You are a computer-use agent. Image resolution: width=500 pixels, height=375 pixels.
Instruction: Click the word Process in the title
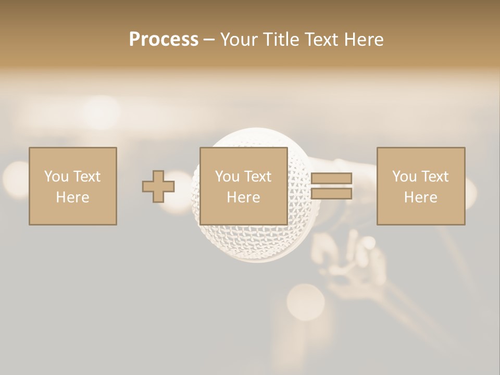pyautogui.click(x=164, y=40)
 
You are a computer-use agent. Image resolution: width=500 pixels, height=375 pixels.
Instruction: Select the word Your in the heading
pyautogui.click(x=239, y=40)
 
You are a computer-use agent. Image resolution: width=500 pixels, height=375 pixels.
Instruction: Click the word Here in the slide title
pyautogui.click(x=364, y=40)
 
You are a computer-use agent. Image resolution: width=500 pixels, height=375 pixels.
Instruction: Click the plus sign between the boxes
pyautogui.click(x=158, y=186)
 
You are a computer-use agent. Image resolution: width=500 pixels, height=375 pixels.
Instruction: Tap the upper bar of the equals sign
pyautogui.click(x=331, y=178)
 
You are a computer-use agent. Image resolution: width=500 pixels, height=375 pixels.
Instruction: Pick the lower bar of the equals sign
pyautogui.click(x=331, y=194)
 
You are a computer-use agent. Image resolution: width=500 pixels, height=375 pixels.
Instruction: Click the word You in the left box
pyautogui.click(x=56, y=177)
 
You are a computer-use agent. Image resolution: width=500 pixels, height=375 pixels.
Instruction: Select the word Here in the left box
pyautogui.click(x=72, y=197)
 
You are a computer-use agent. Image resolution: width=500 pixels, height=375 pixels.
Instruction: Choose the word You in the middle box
pyautogui.click(x=227, y=177)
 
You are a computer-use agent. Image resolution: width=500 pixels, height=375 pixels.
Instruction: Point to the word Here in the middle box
pyautogui.click(x=243, y=197)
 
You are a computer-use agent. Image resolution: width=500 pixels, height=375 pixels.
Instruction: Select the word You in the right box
pyautogui.click(x=404, y=177)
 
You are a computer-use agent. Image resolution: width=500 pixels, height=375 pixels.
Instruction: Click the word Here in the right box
pyautogui.click(x=420, y=197)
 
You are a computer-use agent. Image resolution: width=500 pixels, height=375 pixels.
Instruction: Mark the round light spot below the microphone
pyautogui.click(x=306, y=301)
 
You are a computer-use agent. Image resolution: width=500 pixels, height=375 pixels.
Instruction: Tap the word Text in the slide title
pyautogui.click(x=321, y=40)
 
